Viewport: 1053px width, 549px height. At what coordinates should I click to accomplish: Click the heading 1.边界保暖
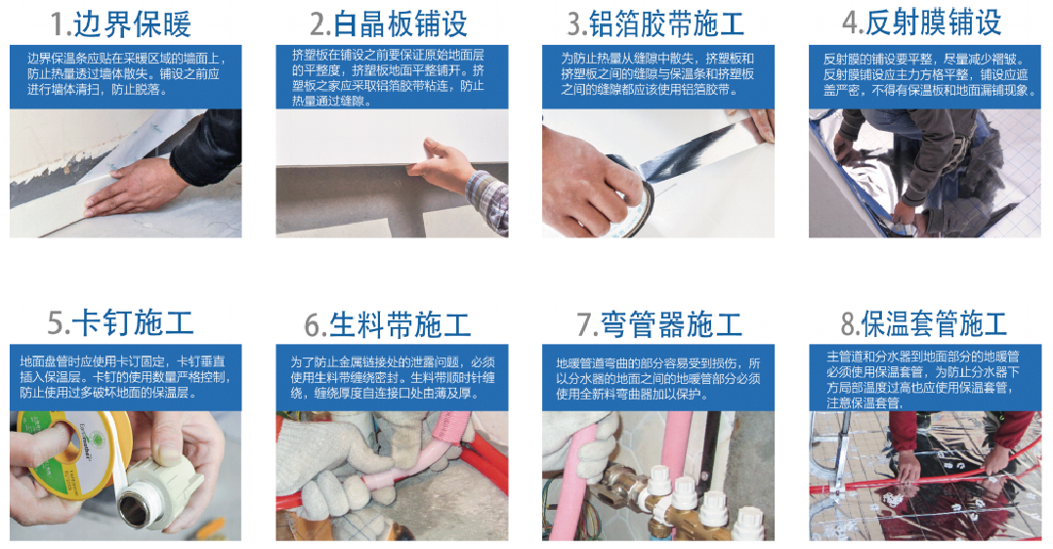click(121, 24)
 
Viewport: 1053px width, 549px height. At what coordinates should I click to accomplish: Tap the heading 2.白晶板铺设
click(388, 24)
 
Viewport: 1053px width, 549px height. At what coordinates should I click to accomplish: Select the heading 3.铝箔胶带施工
click(656, 24)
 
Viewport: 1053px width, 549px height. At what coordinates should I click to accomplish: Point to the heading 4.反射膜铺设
click(921, 22)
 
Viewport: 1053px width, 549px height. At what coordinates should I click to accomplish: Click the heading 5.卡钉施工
click(120, 322)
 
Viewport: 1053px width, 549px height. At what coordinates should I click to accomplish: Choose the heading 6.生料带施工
click(388, 324)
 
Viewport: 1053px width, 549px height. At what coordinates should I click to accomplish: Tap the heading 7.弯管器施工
click(659, 324)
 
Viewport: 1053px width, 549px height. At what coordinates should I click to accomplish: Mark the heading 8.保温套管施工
click(923, 323)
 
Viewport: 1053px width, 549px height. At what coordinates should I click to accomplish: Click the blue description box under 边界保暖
click(126, 76)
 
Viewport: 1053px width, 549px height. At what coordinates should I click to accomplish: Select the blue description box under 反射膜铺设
click(925, 76)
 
